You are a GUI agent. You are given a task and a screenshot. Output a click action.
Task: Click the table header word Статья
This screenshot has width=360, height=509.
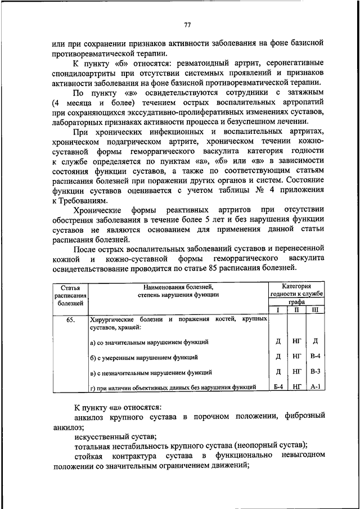coord(71,287)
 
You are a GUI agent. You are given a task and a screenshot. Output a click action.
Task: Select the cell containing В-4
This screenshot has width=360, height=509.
coord(316,357)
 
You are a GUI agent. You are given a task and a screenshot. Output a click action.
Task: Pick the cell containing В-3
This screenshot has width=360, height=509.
coord(316,372)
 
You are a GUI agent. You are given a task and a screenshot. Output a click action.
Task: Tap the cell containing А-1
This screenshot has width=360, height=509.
coord(316,386)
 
